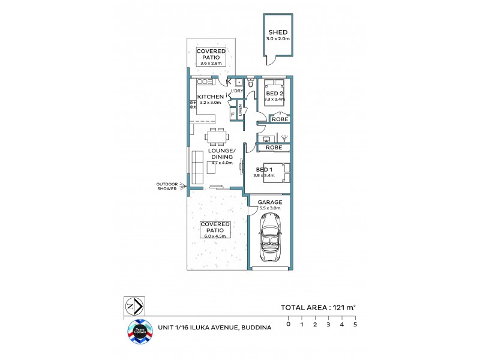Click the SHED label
click(x=278, y=32)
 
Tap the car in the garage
click(x=269, y=239)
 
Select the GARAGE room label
click(x=270, y=203)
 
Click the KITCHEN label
click(x=211, y=97)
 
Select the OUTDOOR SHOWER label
click(x=167, y=186)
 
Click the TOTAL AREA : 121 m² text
click(x=318, y=308)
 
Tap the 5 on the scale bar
click(x=355, y=325)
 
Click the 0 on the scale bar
click(x=288, y=325)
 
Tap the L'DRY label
click(x=237, y=91)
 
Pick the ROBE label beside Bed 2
click(x=280, y=120)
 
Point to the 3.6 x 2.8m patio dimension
click(x=210, y=63)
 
